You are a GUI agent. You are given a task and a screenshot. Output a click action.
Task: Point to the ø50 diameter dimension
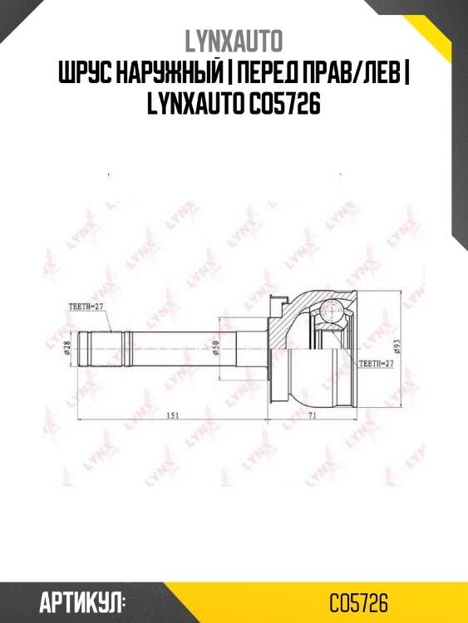(x=214, y=348)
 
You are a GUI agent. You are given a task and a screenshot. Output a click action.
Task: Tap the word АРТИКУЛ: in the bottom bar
(x=82, y=601)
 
